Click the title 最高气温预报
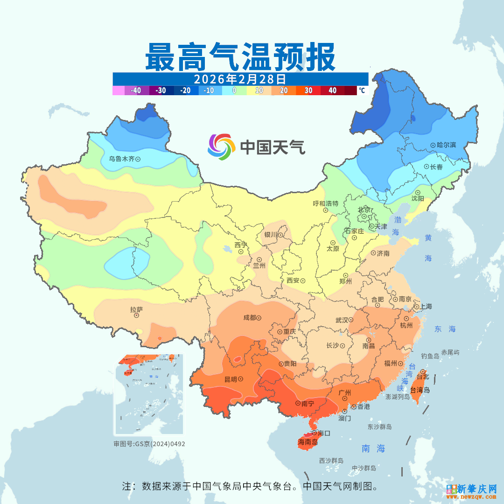coord(240,57)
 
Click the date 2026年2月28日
coord(240,78)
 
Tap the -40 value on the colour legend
coord(136,91)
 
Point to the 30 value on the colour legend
coord(308,91)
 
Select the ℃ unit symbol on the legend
coord(362,91)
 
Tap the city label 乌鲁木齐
coord(121,159)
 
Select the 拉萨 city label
coord(136,309)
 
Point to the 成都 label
coord(249,318)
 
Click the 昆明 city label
coord(231,379)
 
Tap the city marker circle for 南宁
coord(298,403)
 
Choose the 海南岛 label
coord(308,441)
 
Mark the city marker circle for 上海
coord(416,307)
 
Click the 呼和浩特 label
coord(325,203)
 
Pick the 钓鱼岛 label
coord(430,356)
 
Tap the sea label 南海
coord(373,449)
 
